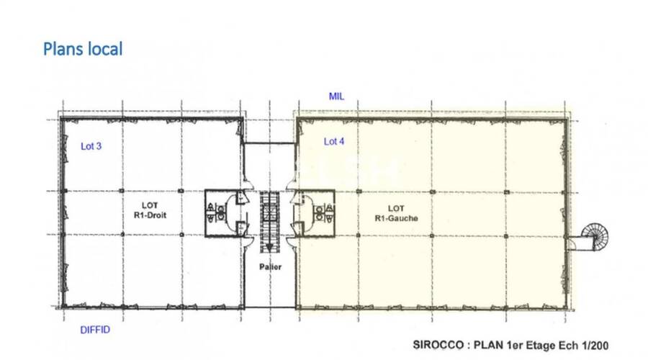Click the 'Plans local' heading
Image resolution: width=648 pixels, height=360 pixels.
[x=83, y=49]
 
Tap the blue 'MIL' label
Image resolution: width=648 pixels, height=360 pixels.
[x=336, y=96]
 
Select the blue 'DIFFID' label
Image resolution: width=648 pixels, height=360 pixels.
[x=95, y=330]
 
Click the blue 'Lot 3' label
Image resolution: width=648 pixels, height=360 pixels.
[x=91, y=147]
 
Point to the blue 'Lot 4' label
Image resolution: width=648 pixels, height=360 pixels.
[x=334, y=142]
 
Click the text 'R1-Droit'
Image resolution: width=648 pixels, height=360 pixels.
[x=150, y=215]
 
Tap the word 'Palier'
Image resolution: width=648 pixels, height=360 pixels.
[x=271, y=266]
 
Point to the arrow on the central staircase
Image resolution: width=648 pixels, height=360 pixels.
[x=271, y=244]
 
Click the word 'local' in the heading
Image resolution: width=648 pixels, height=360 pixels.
[x=105, y=49]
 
